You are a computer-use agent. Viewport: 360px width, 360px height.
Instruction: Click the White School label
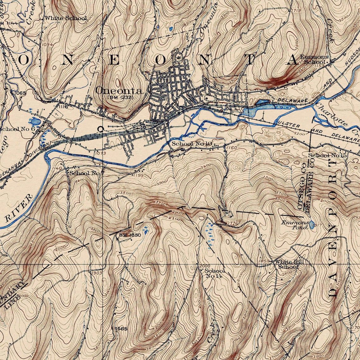point(65,18)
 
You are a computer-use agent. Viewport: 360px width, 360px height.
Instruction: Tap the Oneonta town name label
point(119,91)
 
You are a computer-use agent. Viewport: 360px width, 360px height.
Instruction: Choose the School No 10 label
point(191,144)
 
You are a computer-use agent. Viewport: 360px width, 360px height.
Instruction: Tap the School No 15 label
point(327,155)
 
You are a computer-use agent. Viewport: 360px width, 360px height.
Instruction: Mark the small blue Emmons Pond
point(312,225)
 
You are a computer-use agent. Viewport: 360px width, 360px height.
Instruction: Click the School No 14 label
point(215,273)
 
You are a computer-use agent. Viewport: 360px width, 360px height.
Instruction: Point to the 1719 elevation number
point(296,10)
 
